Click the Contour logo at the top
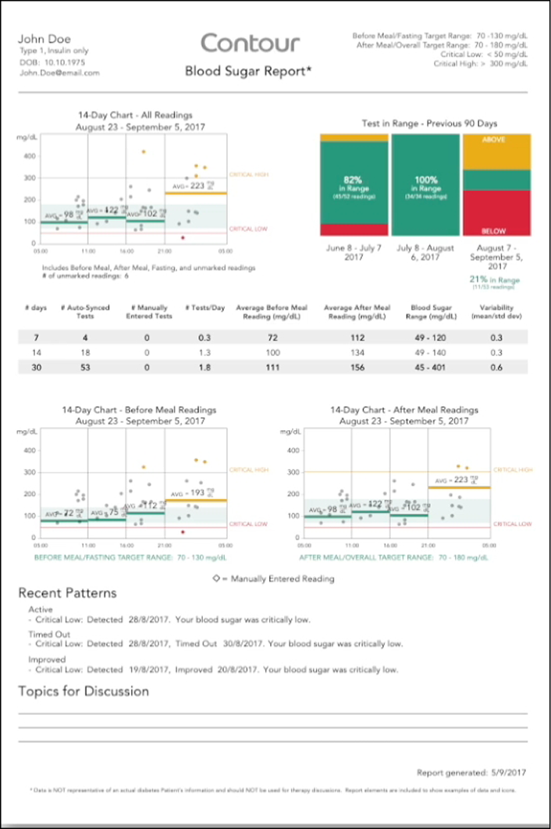point(250,43)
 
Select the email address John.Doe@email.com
point(59,73)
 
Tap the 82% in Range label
point(354,183)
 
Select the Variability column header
point(496,311)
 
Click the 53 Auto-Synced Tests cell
point(87,367)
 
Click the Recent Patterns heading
point(68,593)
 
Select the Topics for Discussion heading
point(84,691)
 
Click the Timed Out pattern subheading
point(49,635)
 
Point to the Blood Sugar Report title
point(248,72)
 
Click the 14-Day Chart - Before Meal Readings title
point(140,410)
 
